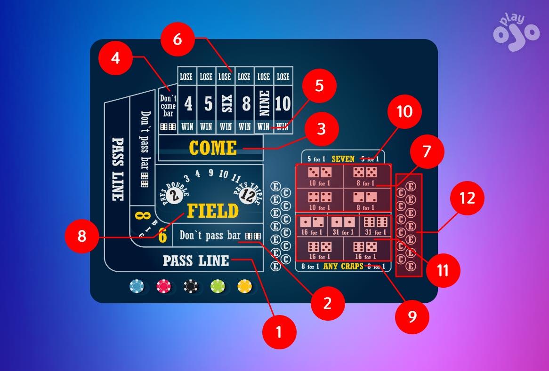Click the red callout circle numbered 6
178,39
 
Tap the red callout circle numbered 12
467,198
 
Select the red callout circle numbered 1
279,332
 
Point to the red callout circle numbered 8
82,236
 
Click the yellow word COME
213,148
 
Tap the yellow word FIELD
213,211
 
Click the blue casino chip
137,285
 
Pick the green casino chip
218,285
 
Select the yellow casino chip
245,285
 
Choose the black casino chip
190,285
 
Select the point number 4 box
188,104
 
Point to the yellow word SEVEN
343,159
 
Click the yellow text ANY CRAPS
343,267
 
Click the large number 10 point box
283,104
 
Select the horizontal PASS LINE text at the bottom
196,260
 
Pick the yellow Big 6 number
162,235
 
